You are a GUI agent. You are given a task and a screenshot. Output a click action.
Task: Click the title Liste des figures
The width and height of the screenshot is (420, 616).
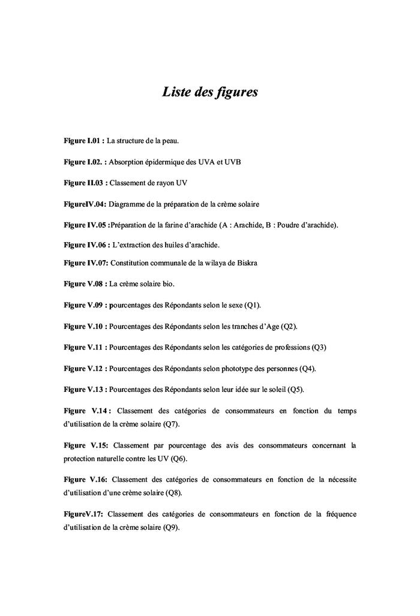(x=209, y=92)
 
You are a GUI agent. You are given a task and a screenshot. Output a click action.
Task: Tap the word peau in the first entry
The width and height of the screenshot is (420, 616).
(x=170, y=141)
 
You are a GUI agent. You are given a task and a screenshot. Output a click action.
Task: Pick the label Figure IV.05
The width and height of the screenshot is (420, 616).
(x=86, y=225)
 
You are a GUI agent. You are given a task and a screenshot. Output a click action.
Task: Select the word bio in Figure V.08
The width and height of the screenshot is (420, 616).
(x=169, y=283)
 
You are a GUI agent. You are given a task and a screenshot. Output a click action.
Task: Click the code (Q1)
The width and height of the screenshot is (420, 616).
(x=253, y=305)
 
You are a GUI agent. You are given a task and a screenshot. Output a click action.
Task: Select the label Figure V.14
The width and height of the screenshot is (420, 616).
(x=86, y=411)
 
